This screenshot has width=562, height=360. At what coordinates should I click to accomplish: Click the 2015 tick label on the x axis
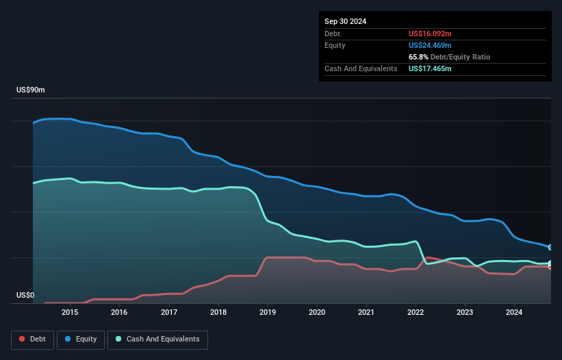coord(70,312)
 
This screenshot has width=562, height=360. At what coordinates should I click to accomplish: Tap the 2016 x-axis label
coord(119,312)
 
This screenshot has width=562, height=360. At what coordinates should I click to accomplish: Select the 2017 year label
coord(168,312)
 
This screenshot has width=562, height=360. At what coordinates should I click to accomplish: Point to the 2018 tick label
coord(218,312)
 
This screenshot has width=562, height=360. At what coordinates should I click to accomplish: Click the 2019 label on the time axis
coord(268,312)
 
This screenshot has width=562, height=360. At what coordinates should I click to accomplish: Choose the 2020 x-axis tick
coord(317,312)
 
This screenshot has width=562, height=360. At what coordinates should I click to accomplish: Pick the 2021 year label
coord(366,312)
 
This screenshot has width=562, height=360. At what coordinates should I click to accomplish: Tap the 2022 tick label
coord(416,312)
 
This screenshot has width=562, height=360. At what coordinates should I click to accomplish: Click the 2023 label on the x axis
coord(465,312)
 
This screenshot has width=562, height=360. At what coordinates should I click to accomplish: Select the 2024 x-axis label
coord(514,312)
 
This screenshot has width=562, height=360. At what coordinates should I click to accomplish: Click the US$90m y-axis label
coord(30,90)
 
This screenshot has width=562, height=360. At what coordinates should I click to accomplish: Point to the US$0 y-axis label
coord(26,296)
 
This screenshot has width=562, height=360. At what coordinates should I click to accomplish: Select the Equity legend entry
coord(81,339)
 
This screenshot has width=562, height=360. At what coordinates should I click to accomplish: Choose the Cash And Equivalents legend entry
coord(157,339)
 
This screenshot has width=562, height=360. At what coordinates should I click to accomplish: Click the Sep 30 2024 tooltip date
coord(345,21)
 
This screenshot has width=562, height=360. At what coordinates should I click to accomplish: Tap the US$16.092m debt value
coord(430,34)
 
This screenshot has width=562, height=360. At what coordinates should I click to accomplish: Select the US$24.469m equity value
coord(430,45)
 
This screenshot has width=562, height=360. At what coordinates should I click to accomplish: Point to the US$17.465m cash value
coord(430,68)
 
